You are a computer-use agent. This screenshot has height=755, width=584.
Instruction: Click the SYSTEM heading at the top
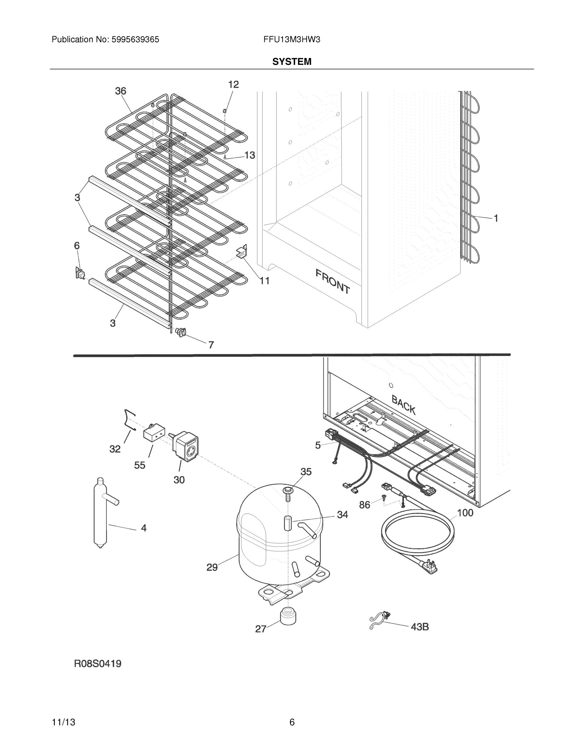(x=292, y=62)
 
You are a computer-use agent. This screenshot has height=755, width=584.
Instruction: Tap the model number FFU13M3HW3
(x=292, y=40)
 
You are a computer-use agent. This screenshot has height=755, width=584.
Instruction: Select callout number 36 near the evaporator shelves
(x=120, y=91)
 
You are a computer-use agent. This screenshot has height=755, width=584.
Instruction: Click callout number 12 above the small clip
(x=234, y=84)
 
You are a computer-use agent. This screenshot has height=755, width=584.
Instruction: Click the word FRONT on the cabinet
(x=332, y=281)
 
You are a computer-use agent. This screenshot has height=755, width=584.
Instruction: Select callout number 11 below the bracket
(x=265, y=281)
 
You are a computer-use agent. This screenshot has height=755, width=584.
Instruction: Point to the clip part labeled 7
(x=181, y=332)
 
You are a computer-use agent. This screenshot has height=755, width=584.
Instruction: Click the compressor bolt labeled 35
(x=288, y=493)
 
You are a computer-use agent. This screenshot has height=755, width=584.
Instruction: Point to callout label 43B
(x=420, y=627)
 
